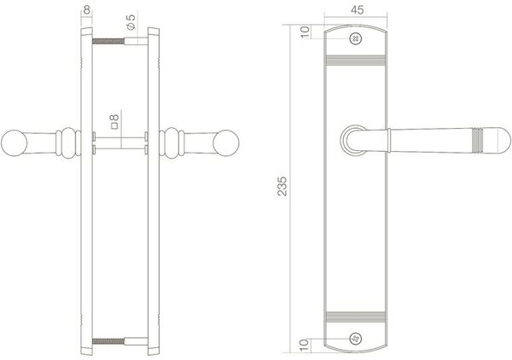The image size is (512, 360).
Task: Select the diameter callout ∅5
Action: tap(131, 19)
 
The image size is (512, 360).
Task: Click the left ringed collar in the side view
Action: tap(65, 142)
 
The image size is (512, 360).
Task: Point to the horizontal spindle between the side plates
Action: tap(119, 142)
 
